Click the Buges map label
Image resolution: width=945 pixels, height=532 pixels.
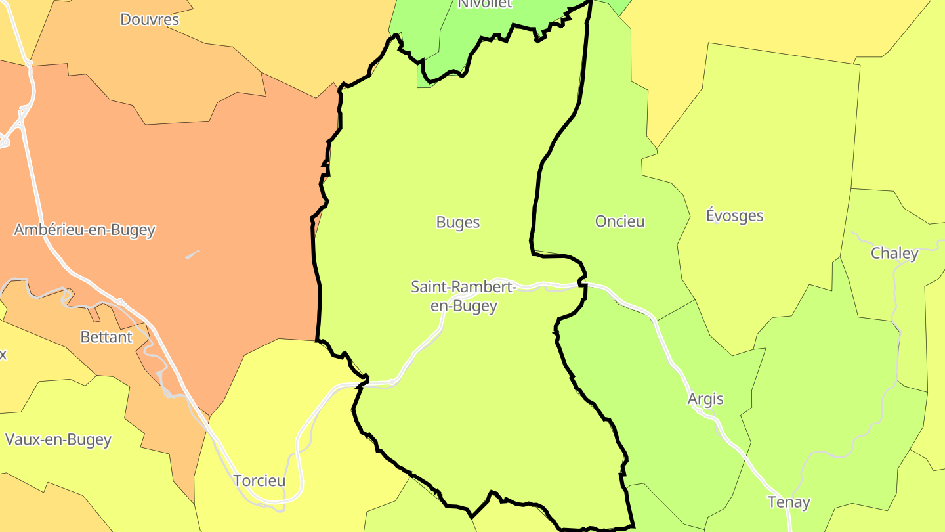pyautogui.click(x=458, y=223)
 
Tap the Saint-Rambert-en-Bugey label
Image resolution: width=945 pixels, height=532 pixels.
pyautogui.click(x=463, y=296)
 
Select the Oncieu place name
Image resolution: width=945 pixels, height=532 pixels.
pyautogui.click(x=619, y=221)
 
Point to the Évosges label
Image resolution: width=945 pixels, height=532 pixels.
pyautogui.click(x=734, y=215)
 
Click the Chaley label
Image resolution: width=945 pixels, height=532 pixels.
pyautogui.click(x=894, y=253)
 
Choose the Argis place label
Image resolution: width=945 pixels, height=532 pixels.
pyautogui.click(x=705, y=399)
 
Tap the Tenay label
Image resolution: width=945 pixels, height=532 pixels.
pyautogui.click(x=789, y=502)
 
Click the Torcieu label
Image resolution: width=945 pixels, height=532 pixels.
pyautogui.click(x=259, y=481)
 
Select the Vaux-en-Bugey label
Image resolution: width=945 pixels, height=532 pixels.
pyautogui.click(x=58, y=439)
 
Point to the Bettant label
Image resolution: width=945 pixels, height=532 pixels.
pyautogui.click(x=106, y=337)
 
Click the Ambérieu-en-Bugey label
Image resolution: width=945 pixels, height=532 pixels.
pyautogui.click(x=85, y=230)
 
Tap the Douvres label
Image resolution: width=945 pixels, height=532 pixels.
pyautogui.click(x=150, y=20)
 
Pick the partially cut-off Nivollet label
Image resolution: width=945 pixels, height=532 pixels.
pyautogui.click(x=484, y=4)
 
